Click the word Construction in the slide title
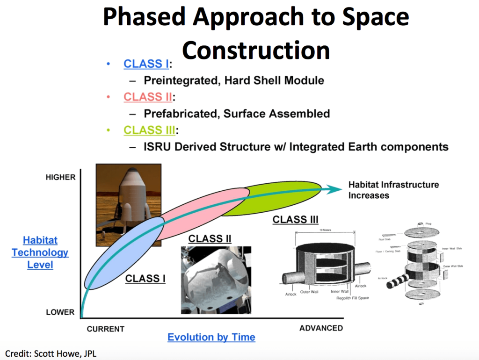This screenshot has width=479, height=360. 256,50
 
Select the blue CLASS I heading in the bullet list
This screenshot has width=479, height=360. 146,64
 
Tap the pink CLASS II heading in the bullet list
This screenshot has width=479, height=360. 147,97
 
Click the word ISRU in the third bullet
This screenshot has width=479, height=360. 159,147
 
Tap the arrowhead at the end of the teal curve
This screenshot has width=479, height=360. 334,189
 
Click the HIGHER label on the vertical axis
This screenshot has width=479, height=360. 60,178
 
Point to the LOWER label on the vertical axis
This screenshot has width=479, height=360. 60,312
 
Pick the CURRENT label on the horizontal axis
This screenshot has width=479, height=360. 106,329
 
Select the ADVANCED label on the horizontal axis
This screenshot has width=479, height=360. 321,328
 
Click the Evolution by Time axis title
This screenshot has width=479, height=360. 211,337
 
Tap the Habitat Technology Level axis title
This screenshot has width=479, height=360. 40,252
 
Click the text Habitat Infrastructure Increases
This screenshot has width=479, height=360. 393,190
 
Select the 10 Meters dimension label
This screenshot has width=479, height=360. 325,230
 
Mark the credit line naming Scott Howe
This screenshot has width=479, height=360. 51,353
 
